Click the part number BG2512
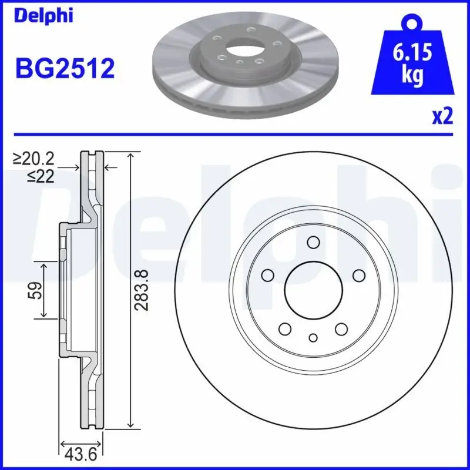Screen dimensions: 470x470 tap(65, 69)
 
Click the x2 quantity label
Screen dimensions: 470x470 tap(441, 117)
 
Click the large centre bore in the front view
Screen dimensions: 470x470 tap(313, 288)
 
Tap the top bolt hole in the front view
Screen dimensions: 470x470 tap(313, 242)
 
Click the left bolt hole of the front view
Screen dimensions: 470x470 tap(268, 275)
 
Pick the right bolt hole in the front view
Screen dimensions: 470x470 tap(358, 275)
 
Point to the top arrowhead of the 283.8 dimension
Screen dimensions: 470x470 tap(130, 155)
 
